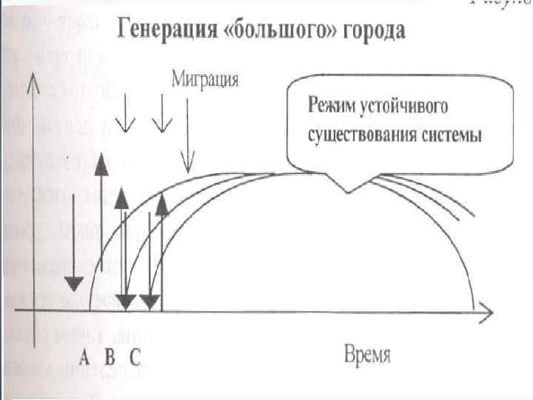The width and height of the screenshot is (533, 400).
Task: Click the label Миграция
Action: click(205, 79)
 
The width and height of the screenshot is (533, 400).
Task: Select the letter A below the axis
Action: click(85, 357)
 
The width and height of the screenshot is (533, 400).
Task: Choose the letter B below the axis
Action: click(109, 357)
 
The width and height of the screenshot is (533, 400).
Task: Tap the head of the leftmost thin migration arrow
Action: click(127, 124)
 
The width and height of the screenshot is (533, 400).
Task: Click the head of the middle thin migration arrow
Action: click(161, 124)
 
